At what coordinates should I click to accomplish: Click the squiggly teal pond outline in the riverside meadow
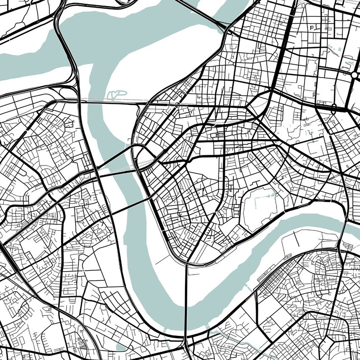[x=117, y=94]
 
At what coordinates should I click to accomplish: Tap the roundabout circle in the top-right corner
[x=355, y=74]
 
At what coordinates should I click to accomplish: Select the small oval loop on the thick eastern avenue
[x=334, y=107]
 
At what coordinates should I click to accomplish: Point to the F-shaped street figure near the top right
[x=312, y=28]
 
